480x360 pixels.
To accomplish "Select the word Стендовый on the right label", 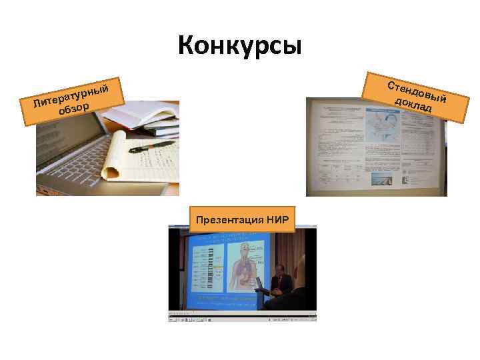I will [417, 93].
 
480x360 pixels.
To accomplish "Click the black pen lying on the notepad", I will [152, 145].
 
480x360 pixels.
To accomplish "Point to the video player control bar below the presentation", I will [242, 317].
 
